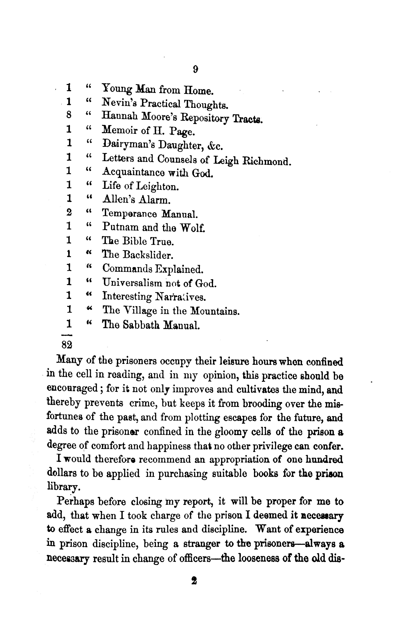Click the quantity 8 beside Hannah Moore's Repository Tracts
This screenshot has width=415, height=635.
69,116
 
